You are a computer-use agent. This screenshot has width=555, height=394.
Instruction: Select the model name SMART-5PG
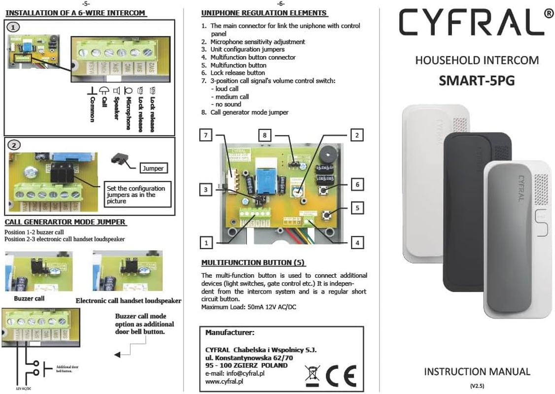click(477, 80)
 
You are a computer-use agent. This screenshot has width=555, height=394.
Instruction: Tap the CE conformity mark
click(341, 377)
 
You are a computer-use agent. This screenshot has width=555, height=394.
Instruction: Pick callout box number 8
click(266, 134)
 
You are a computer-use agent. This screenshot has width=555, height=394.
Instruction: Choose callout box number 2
click(357, 134)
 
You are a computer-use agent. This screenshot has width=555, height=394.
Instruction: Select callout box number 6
click(357, 185)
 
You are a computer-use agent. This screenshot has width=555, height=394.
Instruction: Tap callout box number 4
click(357, 242)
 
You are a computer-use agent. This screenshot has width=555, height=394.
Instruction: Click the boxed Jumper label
click(152, 168)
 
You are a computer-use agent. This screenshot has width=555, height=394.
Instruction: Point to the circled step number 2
click(15, 145)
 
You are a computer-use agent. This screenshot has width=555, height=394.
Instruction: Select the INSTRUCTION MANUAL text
click(477, 371)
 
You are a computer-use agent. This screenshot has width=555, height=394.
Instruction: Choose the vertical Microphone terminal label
click(128, 113)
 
